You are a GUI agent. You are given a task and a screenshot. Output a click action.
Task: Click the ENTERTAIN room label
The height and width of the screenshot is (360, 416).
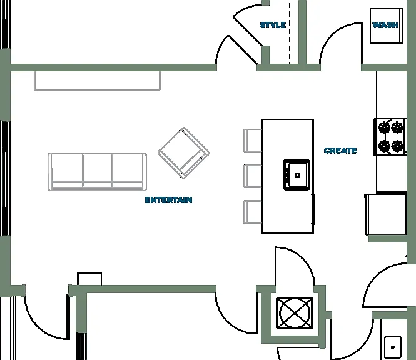168,200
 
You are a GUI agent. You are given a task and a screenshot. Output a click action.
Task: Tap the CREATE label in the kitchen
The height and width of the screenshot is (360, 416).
340,151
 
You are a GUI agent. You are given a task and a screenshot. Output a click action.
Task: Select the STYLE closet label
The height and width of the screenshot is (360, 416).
273,25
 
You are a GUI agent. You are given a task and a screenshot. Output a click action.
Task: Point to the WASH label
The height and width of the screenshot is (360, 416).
385,25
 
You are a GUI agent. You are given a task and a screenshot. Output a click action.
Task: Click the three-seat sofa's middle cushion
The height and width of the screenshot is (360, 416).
98,171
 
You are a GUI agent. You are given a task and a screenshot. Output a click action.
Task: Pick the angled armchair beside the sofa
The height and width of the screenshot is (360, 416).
183,152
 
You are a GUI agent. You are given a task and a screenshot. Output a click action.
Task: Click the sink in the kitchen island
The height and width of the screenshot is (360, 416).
297,175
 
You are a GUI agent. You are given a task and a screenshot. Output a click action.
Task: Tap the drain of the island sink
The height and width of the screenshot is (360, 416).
297,175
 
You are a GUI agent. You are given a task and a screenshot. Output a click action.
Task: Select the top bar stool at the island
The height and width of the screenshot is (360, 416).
252,141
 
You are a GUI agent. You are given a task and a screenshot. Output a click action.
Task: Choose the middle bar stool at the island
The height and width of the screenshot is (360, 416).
252,176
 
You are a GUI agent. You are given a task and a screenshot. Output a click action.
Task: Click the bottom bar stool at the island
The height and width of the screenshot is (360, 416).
252,211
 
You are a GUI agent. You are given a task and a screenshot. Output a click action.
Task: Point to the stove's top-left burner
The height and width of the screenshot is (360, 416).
383,127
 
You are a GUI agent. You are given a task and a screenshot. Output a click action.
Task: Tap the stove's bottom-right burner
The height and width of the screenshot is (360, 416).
397,146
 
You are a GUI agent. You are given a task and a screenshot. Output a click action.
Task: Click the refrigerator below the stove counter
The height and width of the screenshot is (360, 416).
386,214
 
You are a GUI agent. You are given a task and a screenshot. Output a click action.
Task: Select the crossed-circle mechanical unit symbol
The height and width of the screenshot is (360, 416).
295,313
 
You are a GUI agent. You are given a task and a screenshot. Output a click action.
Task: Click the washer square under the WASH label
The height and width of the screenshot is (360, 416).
387,26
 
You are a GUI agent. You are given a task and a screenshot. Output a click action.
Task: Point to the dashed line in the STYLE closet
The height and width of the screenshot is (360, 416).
290,33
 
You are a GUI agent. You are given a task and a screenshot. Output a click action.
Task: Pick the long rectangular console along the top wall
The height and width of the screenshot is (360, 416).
97,81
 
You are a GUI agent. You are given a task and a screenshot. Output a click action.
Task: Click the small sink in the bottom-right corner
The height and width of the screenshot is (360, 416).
393,347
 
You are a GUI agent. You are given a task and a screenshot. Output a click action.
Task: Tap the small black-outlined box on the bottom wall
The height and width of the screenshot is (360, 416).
89,279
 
